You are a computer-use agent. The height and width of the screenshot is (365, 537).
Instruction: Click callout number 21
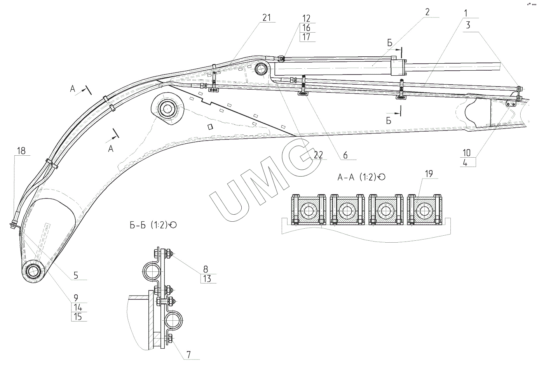pyautogui.click(x=266, y=18)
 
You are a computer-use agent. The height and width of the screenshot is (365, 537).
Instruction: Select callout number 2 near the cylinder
pyautogui.click(x=427, y=12)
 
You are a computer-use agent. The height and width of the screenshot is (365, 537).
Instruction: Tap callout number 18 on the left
pyautogui.click(x=21, y=151)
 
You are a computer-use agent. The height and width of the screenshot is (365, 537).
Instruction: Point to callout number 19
pyautogui.click(x=429, y=174)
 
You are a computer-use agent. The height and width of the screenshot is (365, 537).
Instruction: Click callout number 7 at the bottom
pyautogui.click(x=188, y=355)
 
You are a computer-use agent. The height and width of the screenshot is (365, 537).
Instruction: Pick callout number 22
pyautogui.click(x=319, y=155)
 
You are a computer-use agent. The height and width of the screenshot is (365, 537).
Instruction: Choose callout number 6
pyautogui.click(x=345, y=155)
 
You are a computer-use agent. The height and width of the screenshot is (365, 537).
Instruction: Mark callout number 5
pyautogui.click(x=76, y=275)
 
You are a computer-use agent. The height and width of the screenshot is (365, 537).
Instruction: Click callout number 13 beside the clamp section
pyautogui.click(x=207, y=279)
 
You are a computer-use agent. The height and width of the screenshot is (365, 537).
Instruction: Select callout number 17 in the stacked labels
pyautogui.click(x=306, y=37)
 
